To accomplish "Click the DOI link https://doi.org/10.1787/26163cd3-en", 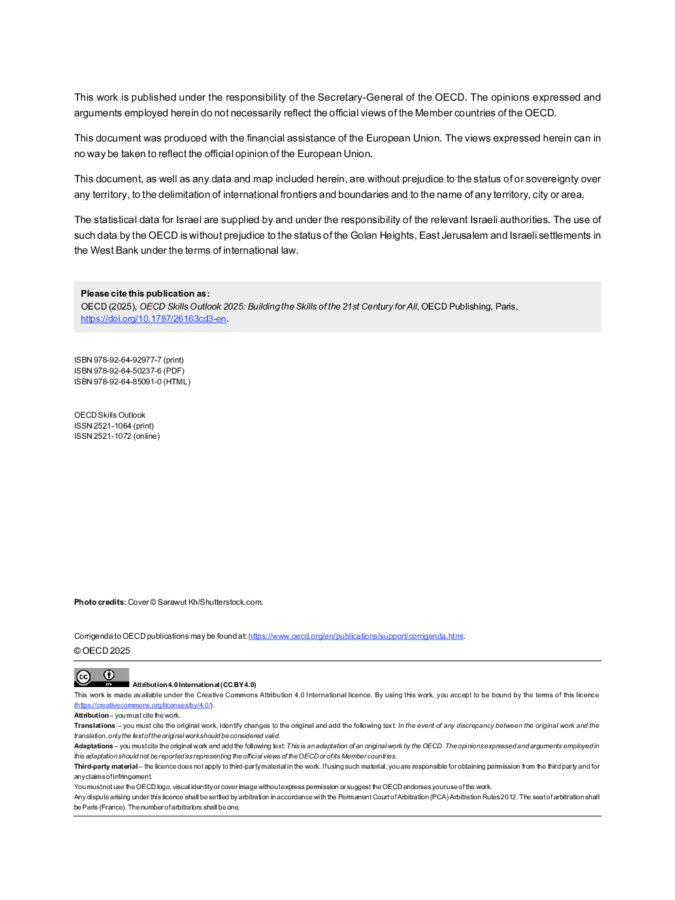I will tap(153, 319).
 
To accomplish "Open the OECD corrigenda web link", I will tap(355, 636).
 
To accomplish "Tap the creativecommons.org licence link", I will tap(143, 705).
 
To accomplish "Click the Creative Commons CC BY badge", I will tap(101, 678).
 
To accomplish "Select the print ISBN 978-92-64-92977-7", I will tap(129, 360).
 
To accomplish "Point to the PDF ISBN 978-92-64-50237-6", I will tap(129, 371).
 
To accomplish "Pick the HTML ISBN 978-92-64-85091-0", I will tap(132, 382).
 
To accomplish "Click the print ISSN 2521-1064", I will tap(114, 426).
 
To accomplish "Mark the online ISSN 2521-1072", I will tap(117, 436).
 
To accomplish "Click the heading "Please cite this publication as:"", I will tap(145, 294).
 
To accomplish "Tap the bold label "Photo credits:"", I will tap(100, 602).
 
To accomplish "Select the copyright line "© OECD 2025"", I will tap(102, 651).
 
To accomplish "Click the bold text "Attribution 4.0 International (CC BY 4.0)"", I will tap(194, 685).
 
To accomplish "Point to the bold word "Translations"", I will tap(95, 726).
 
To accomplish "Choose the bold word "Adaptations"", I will tap(93, 746).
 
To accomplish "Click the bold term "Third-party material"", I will tap(105, 767).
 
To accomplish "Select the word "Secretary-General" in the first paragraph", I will tap(360, 97).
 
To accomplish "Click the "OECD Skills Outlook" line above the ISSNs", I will tap(110, 415).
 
